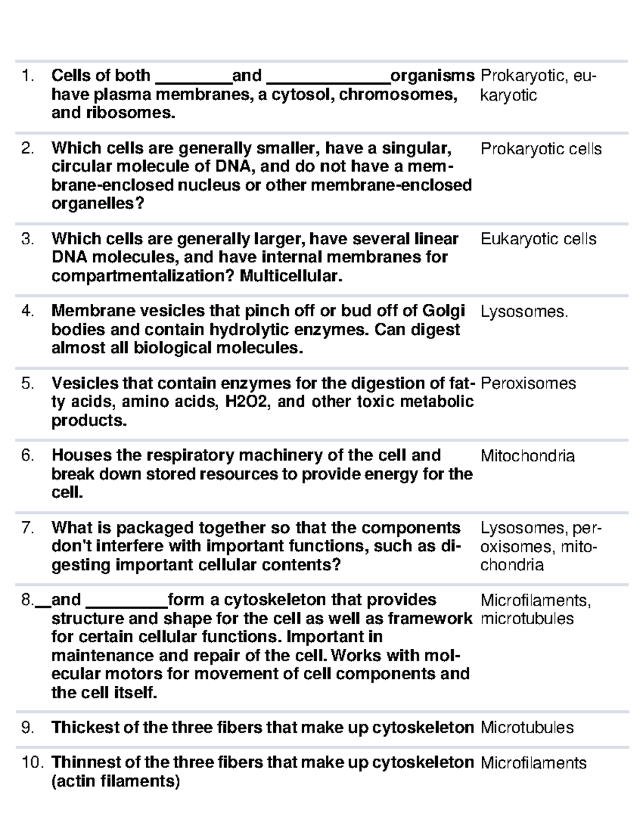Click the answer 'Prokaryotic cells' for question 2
pyautogui.click(x=541, y=149)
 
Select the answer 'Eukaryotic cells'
pyautogui.click(x=538, y=239)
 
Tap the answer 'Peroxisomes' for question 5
pyautogui.click(x=528, y=384)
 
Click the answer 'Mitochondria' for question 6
pyautogui.click(x=527, y=456)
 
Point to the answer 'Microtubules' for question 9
pyautogui.click(x=527, y=728)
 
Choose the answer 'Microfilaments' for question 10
pyautogui.click(x=533, y=763)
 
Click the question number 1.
pyautogui.click(x=27, y=76)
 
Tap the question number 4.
pyautogui.click(x=27, y=311)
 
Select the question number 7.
pyautogui.click(x=27, y=528)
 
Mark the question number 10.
pyautogui.click(x=31, y=763)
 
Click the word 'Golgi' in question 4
pyautogui.click(x=444, y=311)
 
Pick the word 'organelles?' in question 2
pyautogui.click(x=98, y=204)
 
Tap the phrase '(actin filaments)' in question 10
pyautogui.click(x=115, y=782)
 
